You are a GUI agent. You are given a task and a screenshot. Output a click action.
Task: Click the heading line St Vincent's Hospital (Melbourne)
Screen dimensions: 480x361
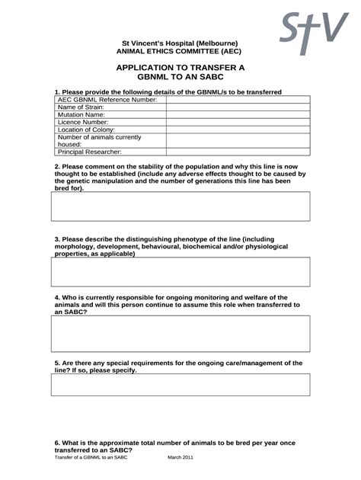(180, 43)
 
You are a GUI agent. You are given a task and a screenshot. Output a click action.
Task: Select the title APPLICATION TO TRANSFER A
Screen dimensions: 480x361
(180, 68)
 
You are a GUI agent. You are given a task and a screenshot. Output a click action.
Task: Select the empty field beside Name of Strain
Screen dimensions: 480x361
(238, 108)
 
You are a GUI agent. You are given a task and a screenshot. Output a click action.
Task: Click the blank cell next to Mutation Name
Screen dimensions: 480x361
(238, 117)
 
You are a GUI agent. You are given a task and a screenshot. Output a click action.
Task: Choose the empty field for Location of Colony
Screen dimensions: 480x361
(238, 130)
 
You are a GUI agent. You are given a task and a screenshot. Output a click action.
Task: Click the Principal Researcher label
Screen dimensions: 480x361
(90, 152)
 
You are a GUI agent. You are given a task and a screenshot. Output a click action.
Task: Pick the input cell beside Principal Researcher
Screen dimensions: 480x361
(238, 152)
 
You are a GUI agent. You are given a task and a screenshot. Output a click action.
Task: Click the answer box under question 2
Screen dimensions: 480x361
(180, 206)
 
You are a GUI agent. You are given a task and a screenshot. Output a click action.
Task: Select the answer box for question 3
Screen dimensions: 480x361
(180, 271)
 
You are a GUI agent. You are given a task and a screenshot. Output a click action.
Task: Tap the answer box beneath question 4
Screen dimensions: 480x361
(180, 334)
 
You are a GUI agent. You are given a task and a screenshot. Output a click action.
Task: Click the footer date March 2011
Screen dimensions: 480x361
(180, 458)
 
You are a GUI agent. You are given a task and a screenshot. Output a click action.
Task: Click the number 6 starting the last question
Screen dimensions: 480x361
(56, 443)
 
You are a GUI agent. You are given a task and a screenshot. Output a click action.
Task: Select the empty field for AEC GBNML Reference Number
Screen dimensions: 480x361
(238, 100)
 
